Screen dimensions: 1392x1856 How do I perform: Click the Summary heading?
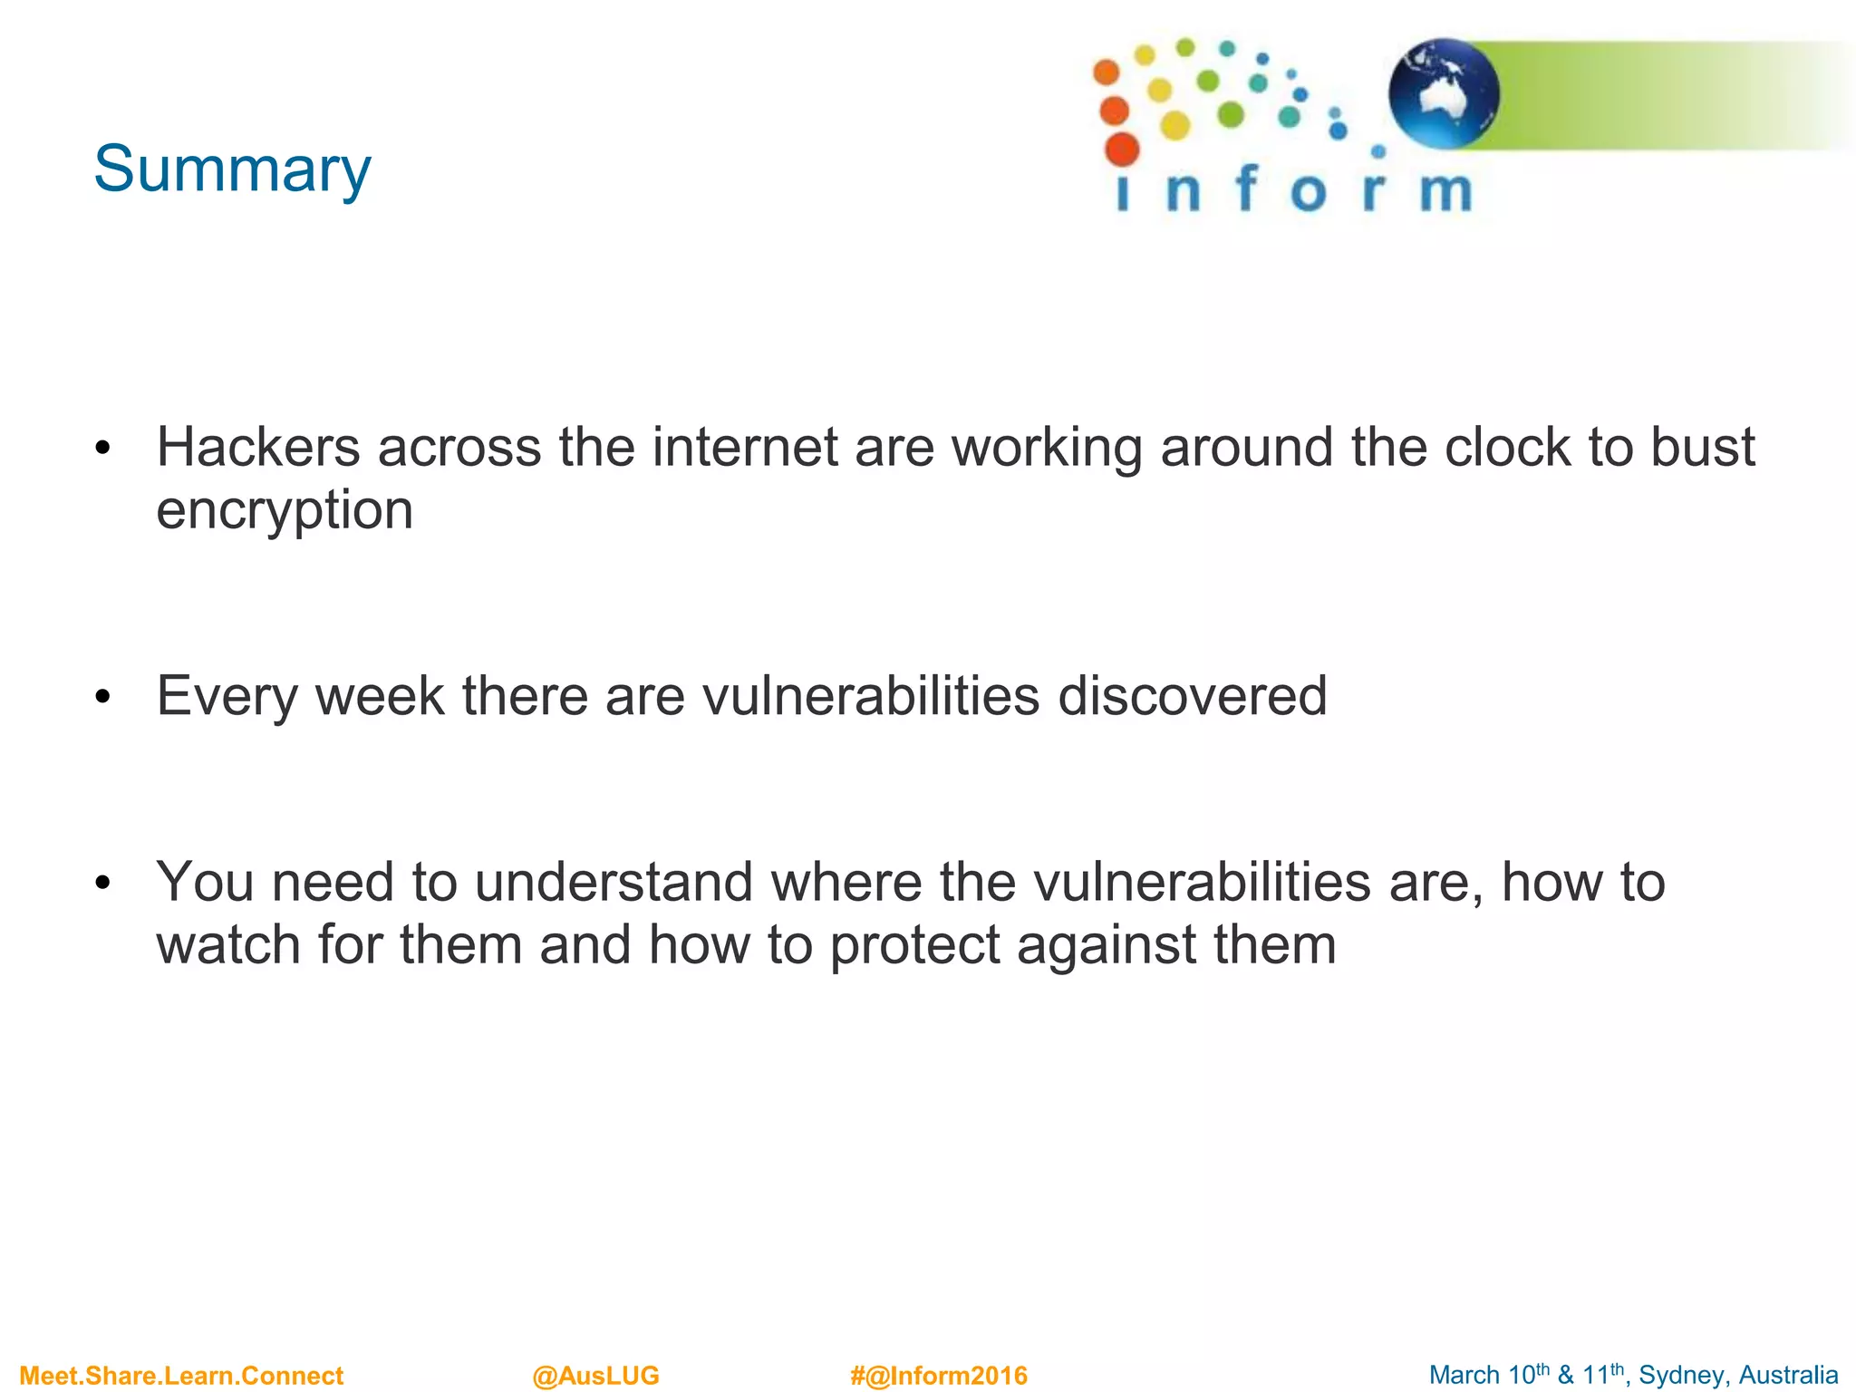[x=232, y=169]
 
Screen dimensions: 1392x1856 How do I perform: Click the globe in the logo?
[x=1444, y=94]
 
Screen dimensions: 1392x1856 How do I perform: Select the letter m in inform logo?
[x=1445, y=191]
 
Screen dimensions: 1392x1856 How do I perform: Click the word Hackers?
[x=258, y=447]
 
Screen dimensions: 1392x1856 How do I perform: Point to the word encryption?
[x=285, y=510]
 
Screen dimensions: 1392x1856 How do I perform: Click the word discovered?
[x=1192, y=696]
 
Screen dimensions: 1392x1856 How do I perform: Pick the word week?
[x=380, y=696]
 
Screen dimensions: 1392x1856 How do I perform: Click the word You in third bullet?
[x=205, y=882]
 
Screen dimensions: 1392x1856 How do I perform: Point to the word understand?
[x=614, y=882]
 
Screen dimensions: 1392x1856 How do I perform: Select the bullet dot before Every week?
[x=102, y=697]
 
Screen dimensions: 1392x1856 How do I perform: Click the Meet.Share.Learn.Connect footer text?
[x=181, y=1376]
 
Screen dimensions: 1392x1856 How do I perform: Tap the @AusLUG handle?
[x=595, y=1376]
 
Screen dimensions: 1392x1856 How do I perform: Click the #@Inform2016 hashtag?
[x=938, y=1376]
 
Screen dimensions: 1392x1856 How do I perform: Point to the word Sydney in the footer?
[x=1681, y=1376]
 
